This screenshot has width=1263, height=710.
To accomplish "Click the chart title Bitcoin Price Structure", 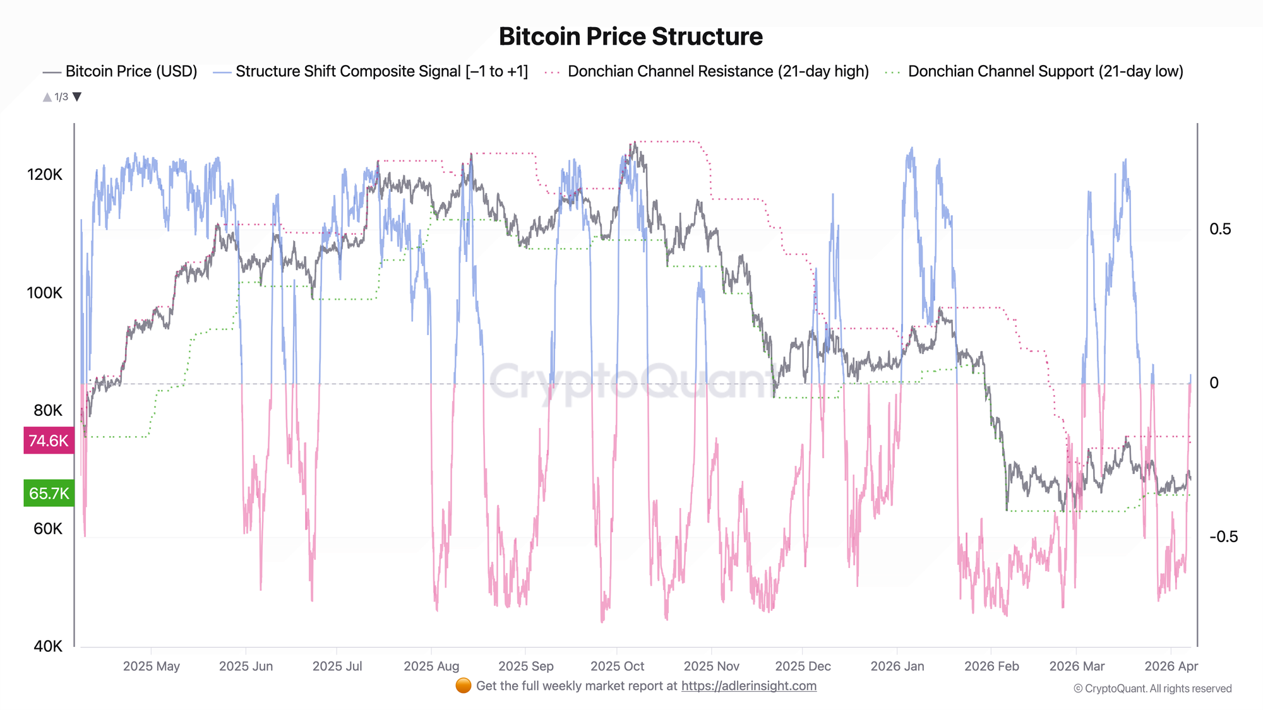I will pos(630,37).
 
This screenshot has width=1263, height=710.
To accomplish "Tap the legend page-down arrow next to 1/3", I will pos(77,97).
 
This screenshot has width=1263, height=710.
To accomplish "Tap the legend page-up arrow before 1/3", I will pos(47,97).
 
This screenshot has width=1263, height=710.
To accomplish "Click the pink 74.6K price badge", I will pos(49,441).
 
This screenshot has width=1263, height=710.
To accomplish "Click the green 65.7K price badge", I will pos(49,493).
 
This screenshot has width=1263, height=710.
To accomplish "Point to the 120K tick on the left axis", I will pos(44,175).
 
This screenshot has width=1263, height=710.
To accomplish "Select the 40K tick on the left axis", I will pos(48,646).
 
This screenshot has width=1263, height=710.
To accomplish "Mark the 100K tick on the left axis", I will pos(44,293).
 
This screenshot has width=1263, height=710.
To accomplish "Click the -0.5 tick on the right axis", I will pos(1223,536).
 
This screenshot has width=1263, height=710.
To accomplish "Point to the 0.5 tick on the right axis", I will pos(1220,229).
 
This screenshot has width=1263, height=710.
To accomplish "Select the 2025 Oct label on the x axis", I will pos(617,666).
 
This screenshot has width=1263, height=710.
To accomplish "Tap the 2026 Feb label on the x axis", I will pos(991,666).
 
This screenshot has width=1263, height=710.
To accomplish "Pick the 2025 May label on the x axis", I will pos(151,666).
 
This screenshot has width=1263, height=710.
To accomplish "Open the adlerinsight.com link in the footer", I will pos(748,686).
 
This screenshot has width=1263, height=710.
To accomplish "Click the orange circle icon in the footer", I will pos(463,686).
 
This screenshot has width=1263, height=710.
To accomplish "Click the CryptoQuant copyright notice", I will pos(1152,689).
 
